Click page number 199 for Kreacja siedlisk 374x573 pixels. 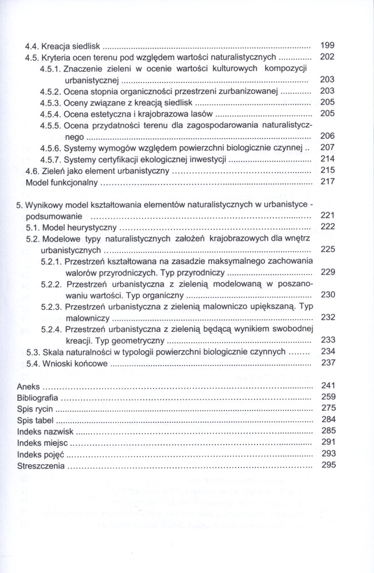coord(326,45)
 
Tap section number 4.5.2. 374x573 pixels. coord(50,91)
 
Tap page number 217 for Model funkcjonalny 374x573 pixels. coord(327,182)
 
